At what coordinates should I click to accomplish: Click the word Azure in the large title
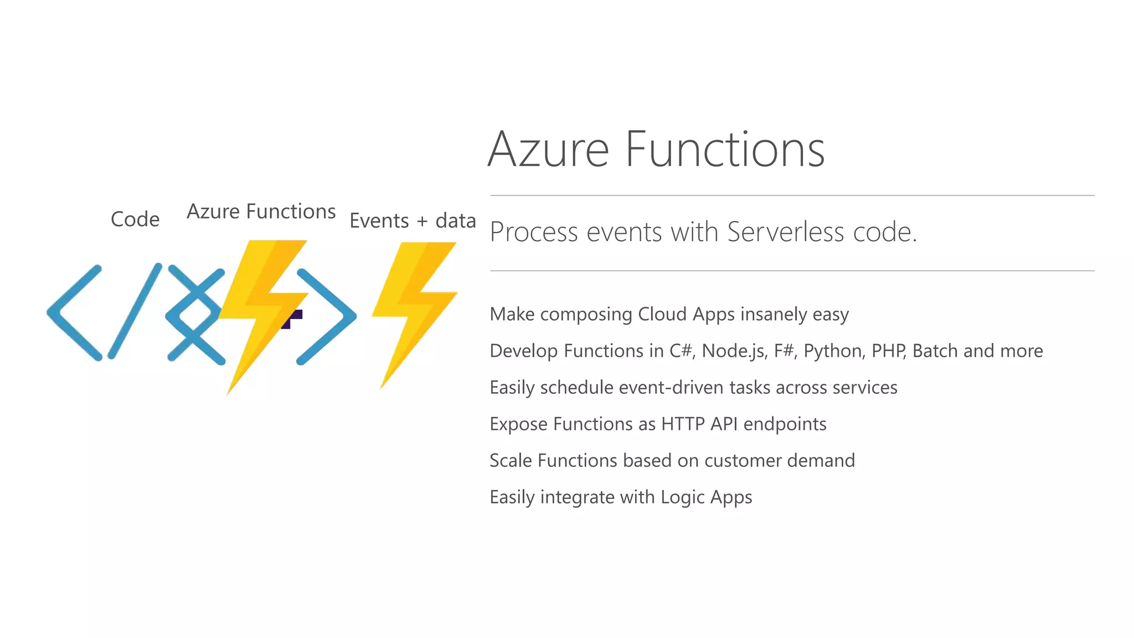tap(548, 150)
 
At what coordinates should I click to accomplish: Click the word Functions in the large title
tap(725, 150)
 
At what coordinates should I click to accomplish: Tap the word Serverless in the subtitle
tap(786, 231)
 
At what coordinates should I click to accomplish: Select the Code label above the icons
tap(135, 219)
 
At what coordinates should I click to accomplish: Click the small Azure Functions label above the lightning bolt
tap(261, 212)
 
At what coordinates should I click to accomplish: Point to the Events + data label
tap(413, 221)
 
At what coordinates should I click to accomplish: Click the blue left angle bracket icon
tap(75, 313)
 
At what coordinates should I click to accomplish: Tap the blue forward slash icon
tap(135, 311)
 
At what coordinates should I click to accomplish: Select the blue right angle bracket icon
tap(327, 316)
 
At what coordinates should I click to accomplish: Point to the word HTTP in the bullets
tap(683, 424)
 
